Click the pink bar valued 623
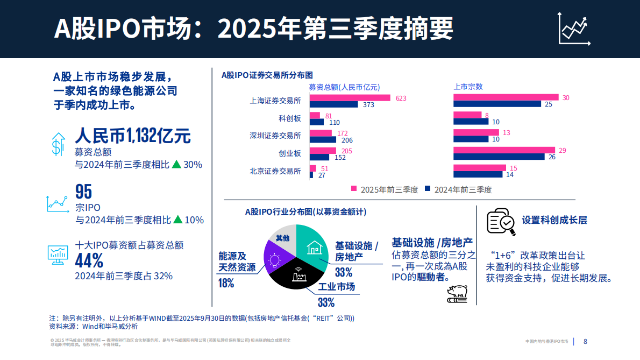pos(350,98)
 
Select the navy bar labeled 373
pos(333,105)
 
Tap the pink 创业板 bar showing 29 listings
pos(504,150)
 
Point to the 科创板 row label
pos(290,118)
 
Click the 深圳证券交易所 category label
pos(275,136)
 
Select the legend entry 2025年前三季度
pos(385,189)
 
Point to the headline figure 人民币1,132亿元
pos(132,136)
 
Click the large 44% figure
pos(89,261)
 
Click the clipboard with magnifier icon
pos(501,221)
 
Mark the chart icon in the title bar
pos(574,30)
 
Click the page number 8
pos(586,342)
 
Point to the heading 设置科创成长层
pos(554,220)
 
